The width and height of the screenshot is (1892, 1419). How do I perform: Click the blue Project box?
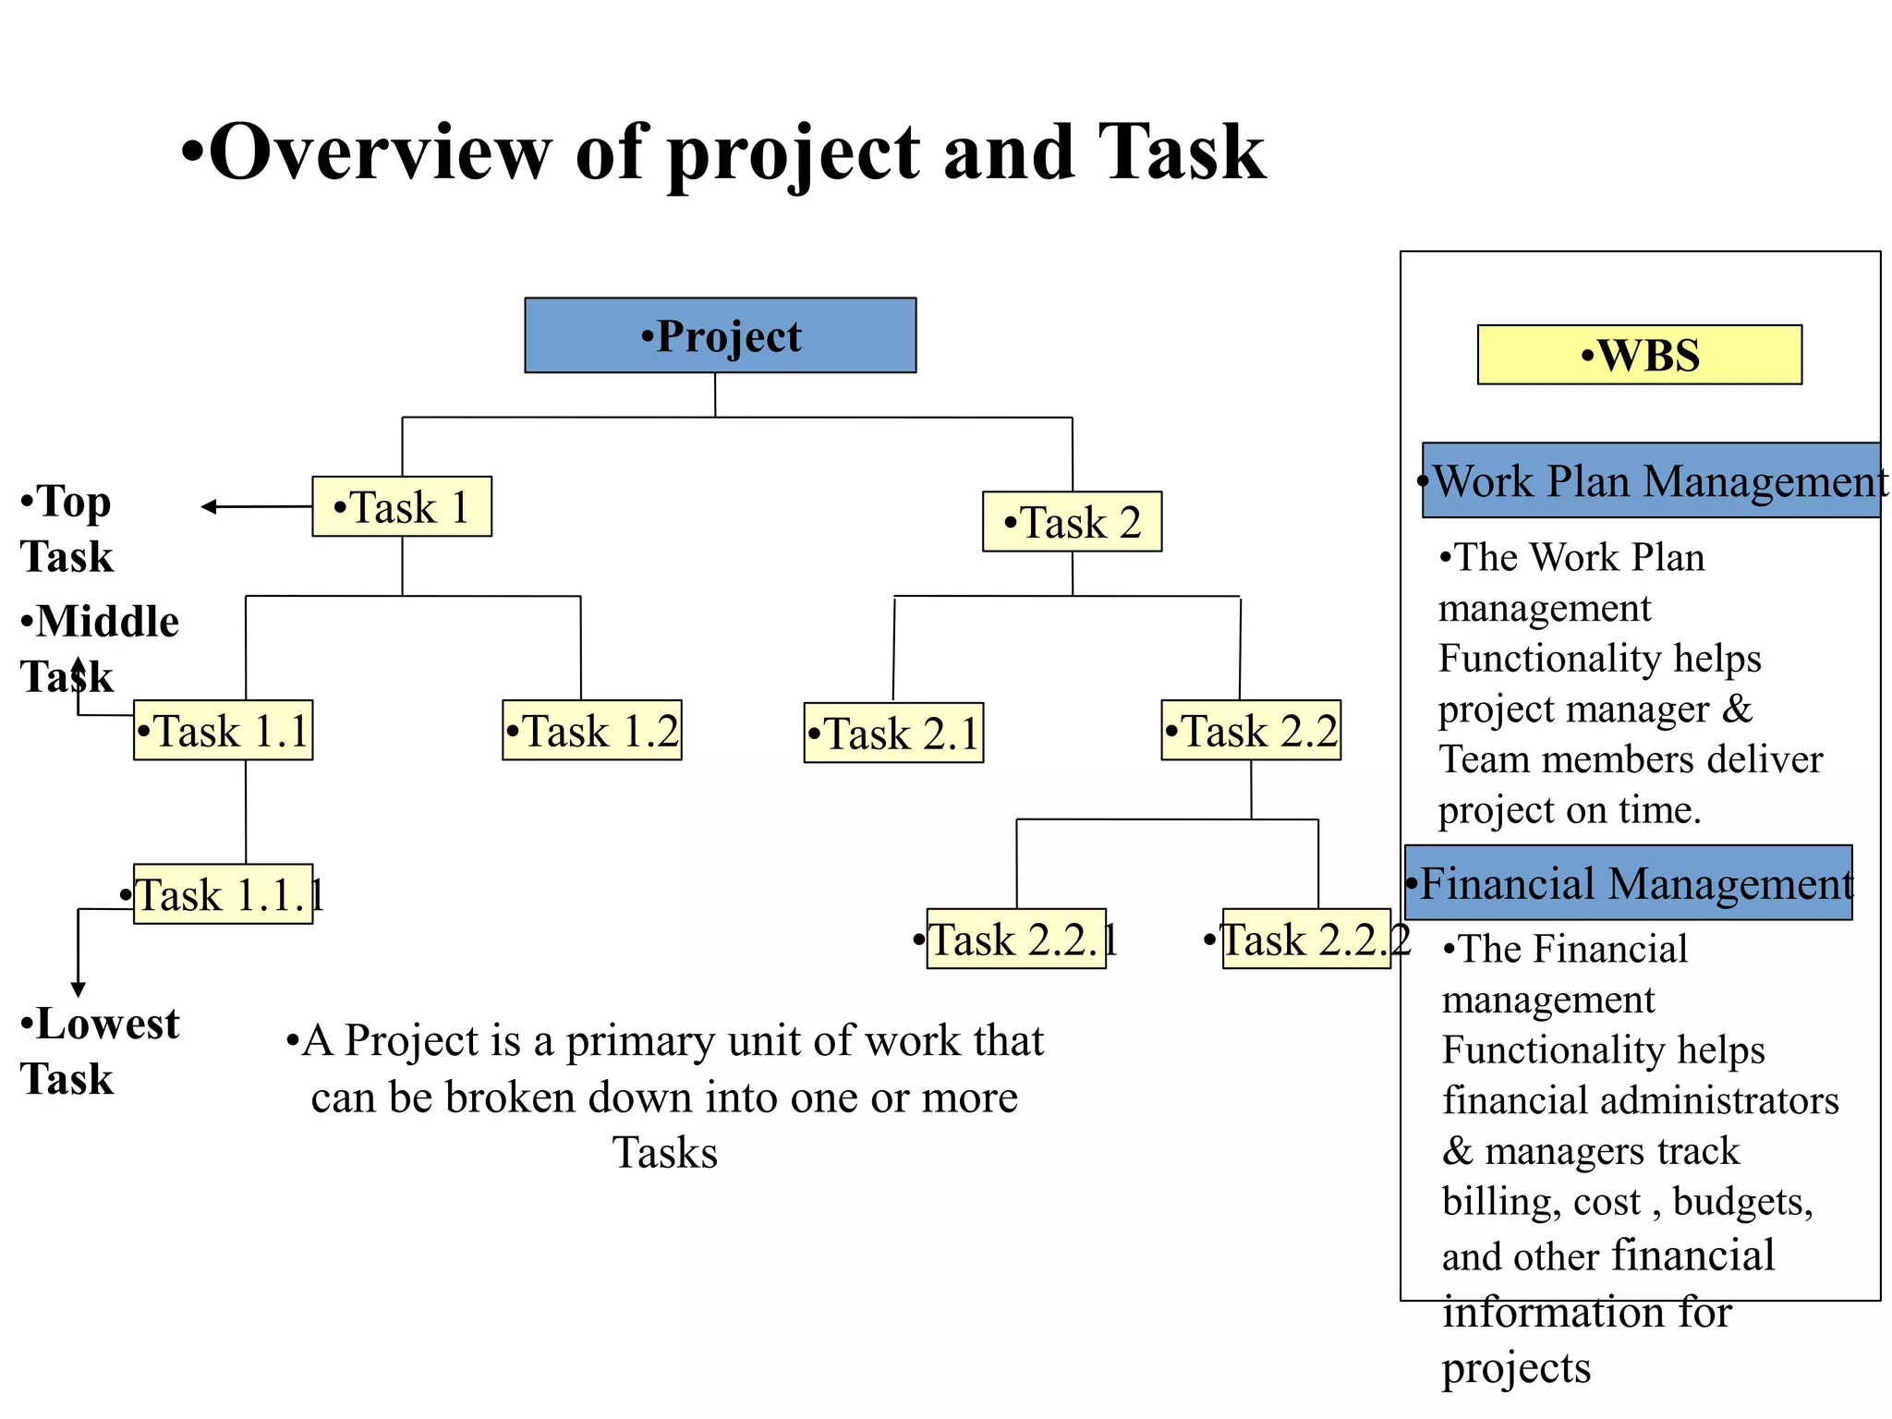pyautogui.click(x=720, y=335)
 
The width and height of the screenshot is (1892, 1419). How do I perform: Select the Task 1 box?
pyautogui.click(x=402, y=506)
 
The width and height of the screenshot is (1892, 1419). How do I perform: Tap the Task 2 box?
pyautogui.click(x=1072, y=522)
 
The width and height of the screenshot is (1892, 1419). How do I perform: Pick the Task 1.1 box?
pyautogui.click(x=223, y=730)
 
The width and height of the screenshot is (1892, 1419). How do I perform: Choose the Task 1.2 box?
pyautogui.click(x=592, y=730)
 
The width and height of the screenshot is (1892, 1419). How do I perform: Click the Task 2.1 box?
pyautogui.click(x=893, y=733)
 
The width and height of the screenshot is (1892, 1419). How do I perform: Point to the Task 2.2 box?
pyautogui.click(x=1251, y=730)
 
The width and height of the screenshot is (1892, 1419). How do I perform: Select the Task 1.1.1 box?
pyautogui.click(x=223, y=894)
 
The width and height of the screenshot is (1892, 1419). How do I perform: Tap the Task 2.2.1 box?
pyautogui.click(x=1016, y=939)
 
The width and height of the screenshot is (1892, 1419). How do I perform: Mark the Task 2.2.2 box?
pyautogui.click(x=1306, y=939)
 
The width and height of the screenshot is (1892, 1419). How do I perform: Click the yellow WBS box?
pyautogui.click(x=1639, y=355)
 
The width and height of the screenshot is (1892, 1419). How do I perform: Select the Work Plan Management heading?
pyautogui.click(x=1652, y=480)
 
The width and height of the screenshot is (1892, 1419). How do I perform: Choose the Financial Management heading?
pyautogui.click(x=1629, y=882)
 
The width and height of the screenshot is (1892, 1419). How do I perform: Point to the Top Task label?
pyautogui.click(x=67, y=528)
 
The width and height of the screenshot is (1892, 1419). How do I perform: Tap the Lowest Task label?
pyautogui.click(x=100, y=1050)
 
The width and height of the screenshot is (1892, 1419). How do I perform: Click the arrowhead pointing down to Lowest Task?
pyautogui.click(x=79, y=989)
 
